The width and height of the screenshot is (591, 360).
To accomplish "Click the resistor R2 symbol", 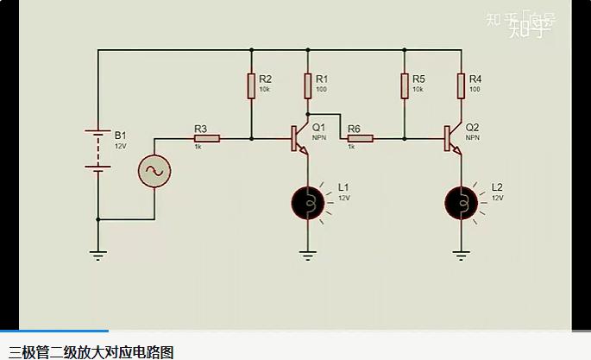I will (251, 85).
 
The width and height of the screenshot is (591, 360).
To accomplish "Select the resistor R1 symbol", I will (307, 85).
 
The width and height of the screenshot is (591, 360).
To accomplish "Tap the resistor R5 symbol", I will (404, 85).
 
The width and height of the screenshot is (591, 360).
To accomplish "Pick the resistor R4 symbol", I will (461, 85).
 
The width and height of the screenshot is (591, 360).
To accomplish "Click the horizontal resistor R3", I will (206, 137).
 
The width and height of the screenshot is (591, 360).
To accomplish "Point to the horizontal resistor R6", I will (359, 137).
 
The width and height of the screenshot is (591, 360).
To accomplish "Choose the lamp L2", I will (461, 202).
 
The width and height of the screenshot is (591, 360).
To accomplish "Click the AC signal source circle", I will (155, 171).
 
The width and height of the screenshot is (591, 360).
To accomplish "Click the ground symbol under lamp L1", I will (308, 255).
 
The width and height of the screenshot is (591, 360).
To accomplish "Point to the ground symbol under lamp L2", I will (461, 255).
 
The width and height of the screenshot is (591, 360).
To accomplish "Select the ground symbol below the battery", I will (97, 254).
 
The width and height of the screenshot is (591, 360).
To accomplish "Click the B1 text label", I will (120, 136).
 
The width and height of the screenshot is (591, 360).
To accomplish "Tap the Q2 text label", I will (472, 127).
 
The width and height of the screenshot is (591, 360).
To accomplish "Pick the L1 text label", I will (343, 186).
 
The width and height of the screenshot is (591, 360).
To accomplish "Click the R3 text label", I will (201, 128).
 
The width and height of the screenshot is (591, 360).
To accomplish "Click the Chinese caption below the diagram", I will (91, 351).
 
